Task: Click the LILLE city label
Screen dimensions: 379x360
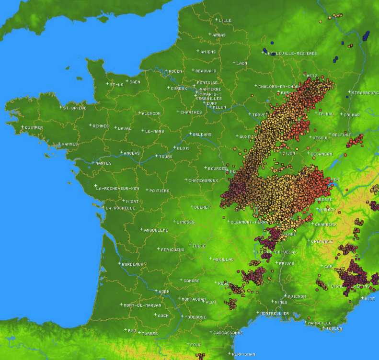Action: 225,21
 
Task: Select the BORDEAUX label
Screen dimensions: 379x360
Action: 133,264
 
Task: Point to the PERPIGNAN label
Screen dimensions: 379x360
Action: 245,355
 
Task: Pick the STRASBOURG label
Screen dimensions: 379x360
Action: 365,92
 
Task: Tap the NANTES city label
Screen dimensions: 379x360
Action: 103,163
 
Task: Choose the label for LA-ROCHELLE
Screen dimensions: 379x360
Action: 121,208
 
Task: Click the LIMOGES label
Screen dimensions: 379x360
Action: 185,222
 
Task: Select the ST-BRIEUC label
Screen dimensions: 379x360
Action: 75,108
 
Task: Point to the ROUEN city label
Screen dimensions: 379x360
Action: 175,71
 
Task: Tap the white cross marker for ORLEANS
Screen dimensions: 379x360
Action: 190,134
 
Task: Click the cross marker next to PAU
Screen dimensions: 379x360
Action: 126,329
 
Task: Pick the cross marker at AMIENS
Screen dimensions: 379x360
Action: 198,51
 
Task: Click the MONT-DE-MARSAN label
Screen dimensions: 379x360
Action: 142,305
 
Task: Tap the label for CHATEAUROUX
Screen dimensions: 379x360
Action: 203,180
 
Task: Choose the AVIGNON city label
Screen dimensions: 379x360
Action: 297,296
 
